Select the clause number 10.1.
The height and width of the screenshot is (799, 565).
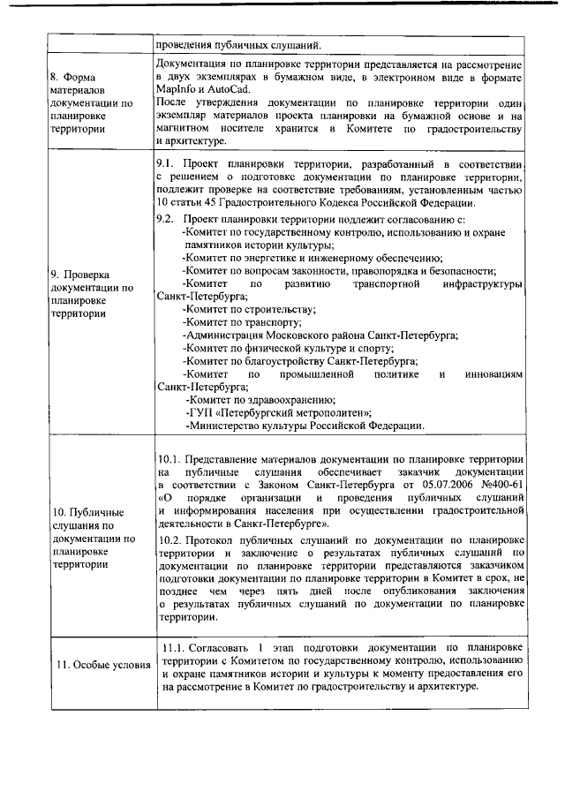[x=169, y=460]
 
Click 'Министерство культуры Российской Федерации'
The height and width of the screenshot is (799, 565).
[x=305, y=426]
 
